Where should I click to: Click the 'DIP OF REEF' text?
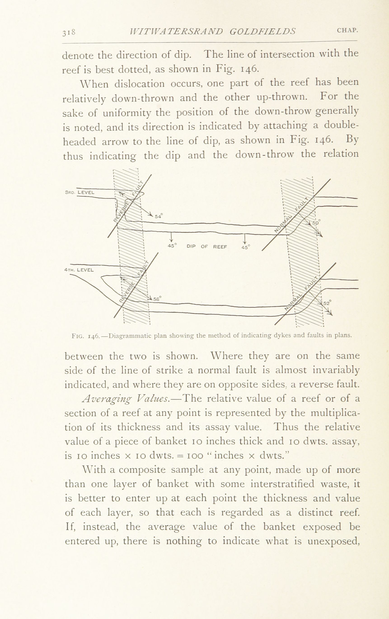pos(207,247)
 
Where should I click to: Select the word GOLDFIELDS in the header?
pos(262,31)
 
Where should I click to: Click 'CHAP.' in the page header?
pos(347,30)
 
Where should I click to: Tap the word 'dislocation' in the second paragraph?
pos(139,84)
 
